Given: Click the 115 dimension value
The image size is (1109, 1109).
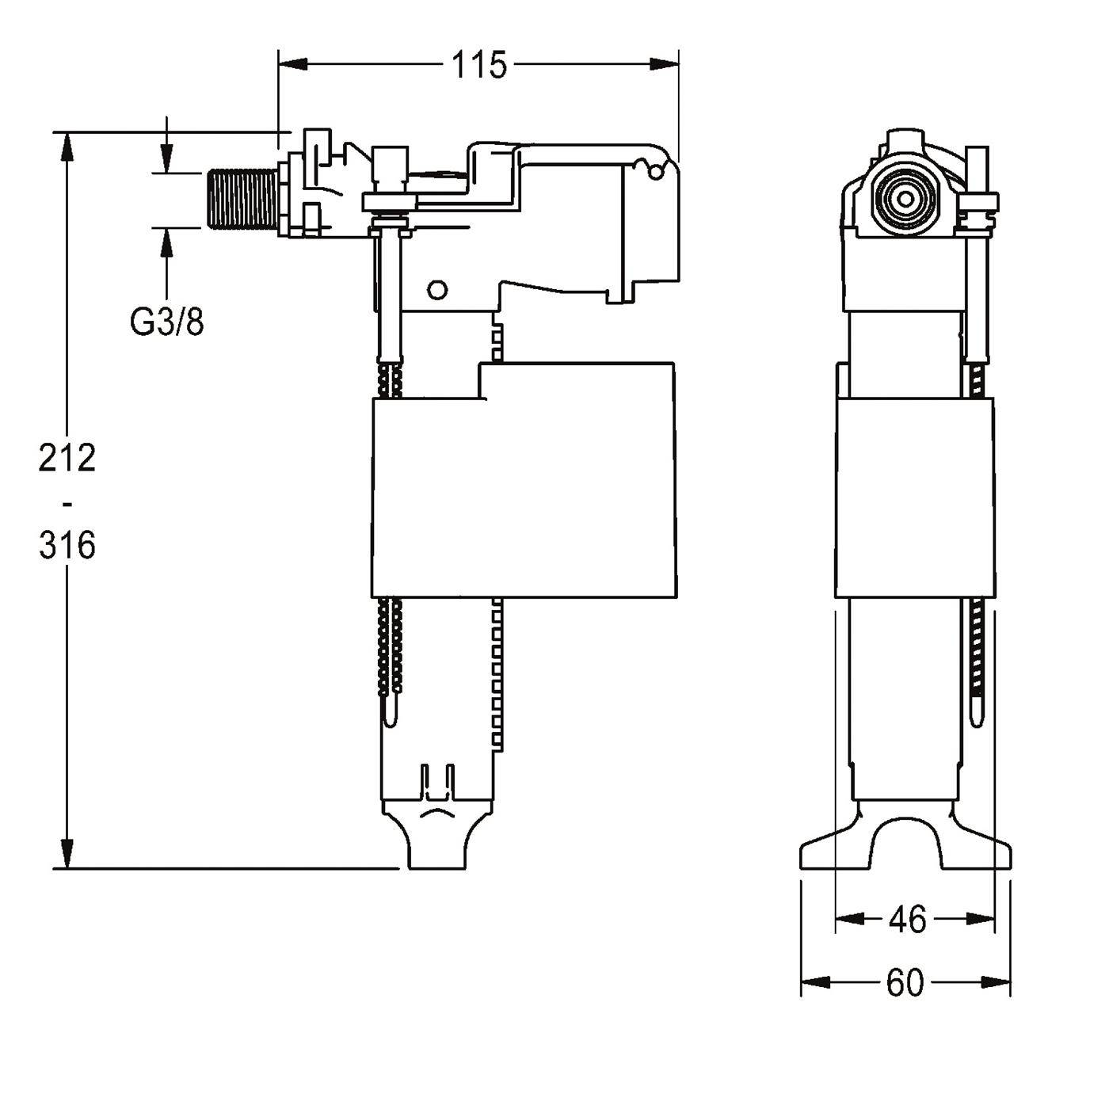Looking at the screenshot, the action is [x=478, y=64].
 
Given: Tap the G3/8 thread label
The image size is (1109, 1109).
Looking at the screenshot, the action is [x=167, y=323].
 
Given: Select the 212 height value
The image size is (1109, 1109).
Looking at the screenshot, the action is [x=67, y=458].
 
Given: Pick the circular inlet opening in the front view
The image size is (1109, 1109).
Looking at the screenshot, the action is [x=905, y=200].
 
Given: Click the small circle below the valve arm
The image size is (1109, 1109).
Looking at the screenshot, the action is [x=438, y=290].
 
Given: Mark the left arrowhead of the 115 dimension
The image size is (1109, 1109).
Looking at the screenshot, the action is [x=292, y=64].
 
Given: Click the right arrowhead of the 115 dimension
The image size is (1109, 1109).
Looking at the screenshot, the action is [x=665, y=64].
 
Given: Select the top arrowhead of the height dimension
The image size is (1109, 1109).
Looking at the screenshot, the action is [x=68, y=147].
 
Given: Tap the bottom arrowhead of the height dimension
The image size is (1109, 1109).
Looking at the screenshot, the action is [x=68, y=855].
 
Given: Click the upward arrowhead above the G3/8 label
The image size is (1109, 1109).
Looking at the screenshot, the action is [x=167, y=242].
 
